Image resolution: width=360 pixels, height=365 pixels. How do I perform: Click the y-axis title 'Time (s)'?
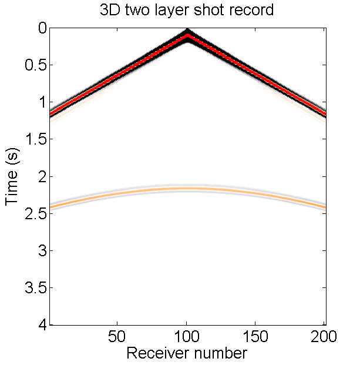tap(13, 176)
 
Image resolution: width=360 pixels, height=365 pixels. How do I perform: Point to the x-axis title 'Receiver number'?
tap(187, 353)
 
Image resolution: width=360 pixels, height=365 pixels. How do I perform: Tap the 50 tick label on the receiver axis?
tap(117, 337)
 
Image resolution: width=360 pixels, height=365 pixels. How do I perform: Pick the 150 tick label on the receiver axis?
tap(255, 337)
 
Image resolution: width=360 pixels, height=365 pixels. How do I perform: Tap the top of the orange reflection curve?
tap(187, 188)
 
